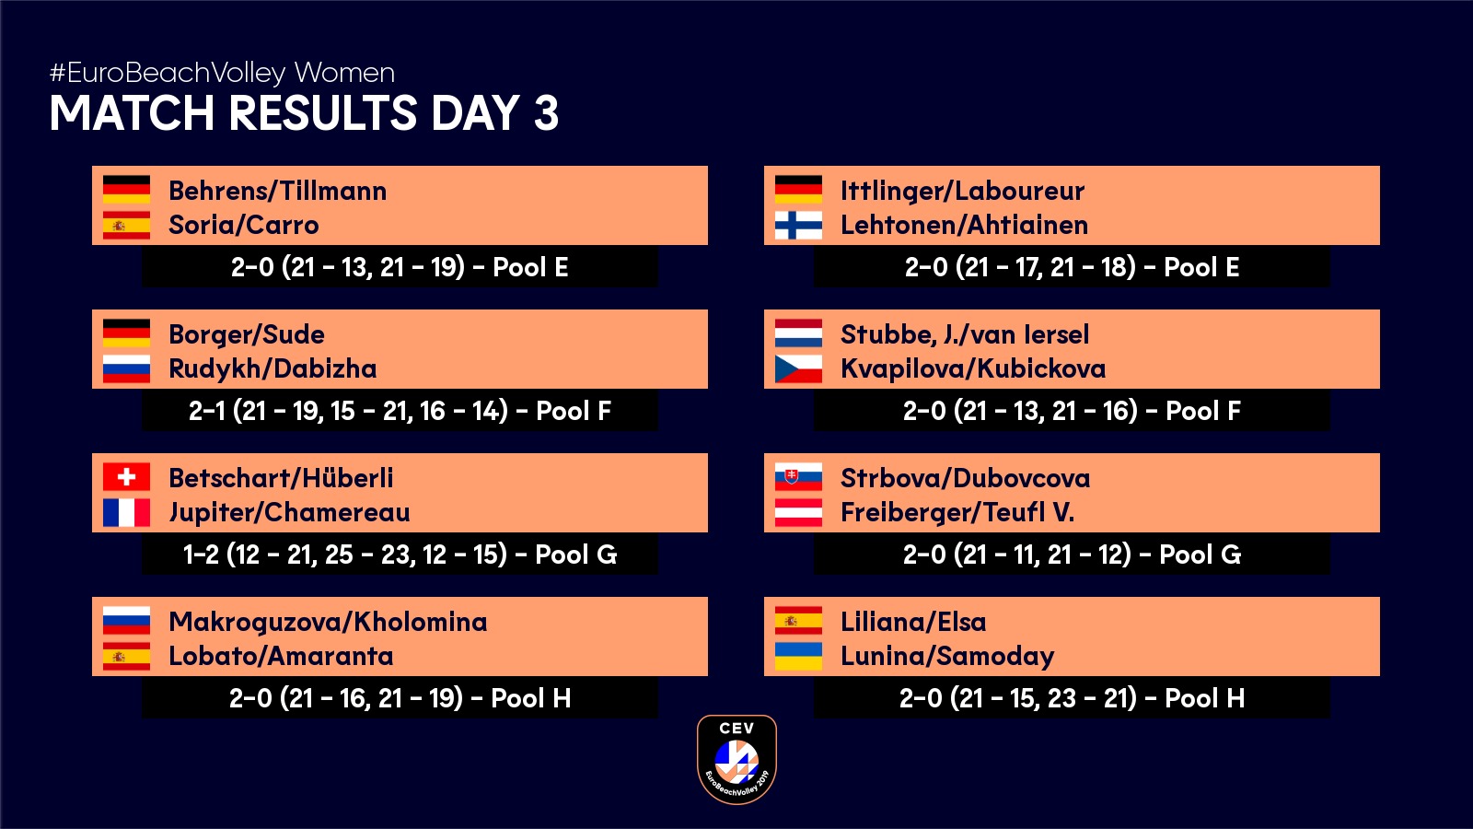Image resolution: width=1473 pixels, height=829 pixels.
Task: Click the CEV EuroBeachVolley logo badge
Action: [x=736, y=759]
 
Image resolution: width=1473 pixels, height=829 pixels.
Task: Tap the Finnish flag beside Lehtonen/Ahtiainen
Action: [x=798, y=225]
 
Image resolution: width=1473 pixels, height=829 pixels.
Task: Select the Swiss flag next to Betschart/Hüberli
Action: [x=126, y=477]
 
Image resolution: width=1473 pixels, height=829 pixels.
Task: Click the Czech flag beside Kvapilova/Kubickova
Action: [x=798, y=368]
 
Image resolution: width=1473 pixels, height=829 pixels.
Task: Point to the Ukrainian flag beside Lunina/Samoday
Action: [x=798, y=656]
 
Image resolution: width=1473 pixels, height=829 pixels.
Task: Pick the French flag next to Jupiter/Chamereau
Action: [x=126, y=512]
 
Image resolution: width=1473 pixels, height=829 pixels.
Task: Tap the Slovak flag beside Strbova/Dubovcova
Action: [x=798, y=477]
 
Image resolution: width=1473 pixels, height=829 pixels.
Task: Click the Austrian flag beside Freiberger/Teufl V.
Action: [x=798, y=512]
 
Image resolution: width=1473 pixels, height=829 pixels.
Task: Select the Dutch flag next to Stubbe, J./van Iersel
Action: [x=798, y=333]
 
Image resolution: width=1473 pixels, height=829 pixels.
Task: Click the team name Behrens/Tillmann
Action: [x=277, y=191]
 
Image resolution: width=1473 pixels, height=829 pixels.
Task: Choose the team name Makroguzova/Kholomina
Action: [x=328, y=623]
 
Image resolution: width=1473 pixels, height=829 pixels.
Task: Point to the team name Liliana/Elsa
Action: [x=913, y=622]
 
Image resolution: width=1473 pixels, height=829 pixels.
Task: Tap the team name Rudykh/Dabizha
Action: [x=273, y=368]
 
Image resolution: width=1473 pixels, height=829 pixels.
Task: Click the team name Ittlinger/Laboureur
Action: [x=962, y=192]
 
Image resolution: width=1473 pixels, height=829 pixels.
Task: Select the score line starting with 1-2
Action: [x=400, y=555]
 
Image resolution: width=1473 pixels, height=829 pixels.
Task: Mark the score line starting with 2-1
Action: [x=400, y=411]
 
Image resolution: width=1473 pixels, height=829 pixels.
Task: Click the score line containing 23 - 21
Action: [x=1072, y=698]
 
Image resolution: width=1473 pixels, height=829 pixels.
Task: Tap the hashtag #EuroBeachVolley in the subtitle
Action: [x=168, y=73]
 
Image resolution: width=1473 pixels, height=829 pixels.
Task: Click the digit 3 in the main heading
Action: [x=546, y=112]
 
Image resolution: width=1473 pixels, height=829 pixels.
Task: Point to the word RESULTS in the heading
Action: [x=323, y=112]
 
